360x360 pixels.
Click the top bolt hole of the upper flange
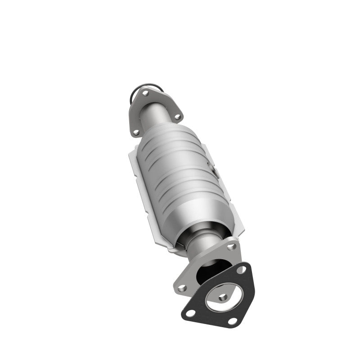(x=145, y=93)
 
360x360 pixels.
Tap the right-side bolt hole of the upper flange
(x=177, y=117)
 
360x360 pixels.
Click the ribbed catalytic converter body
(x=175, y=171)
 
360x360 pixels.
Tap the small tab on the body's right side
(x=213, y=168)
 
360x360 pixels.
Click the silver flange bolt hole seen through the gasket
(x=222, y=297)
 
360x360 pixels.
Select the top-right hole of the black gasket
(x=242, y=270)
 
